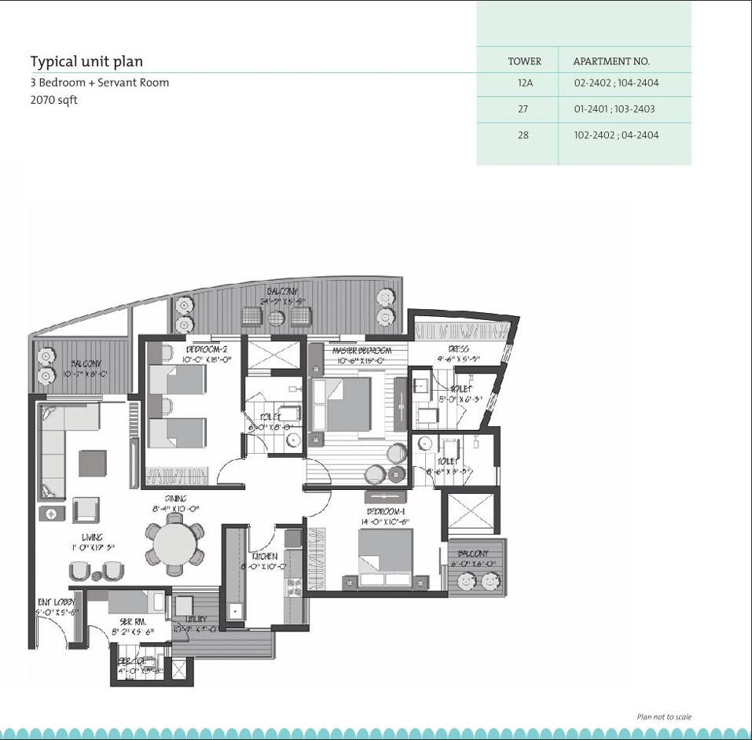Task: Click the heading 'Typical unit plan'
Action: [86, 61]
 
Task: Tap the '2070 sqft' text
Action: [53, 100]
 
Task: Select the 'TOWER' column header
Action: [524, 61]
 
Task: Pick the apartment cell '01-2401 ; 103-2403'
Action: [614, 109]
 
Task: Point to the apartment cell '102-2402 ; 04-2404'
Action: [616, 135]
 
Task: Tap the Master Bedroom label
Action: [361, 351]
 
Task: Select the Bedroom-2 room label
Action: [207, 348]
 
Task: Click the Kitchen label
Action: [264, 556]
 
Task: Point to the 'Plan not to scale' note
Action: [664, 716]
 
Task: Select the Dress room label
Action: [459, 349]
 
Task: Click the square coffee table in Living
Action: [92, 463]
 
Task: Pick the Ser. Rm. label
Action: [133, 621]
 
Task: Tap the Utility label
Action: [196, 620]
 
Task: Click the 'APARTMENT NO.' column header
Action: [611, 61]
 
